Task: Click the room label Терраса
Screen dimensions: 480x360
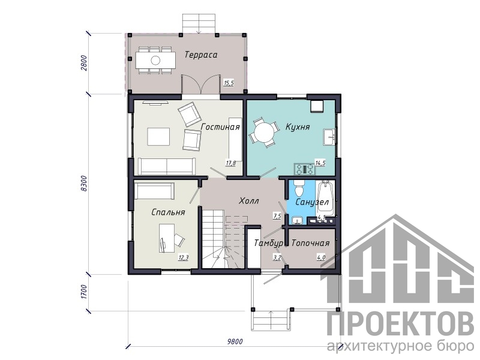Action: (201, 55)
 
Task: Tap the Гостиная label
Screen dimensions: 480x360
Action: (220, 127)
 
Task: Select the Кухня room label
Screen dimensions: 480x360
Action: (297, 127)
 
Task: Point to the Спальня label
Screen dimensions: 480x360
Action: (168, 212)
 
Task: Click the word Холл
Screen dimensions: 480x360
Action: (248, 201)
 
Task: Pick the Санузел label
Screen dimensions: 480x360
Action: (312, 202)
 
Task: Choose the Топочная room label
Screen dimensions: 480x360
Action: (310, 243)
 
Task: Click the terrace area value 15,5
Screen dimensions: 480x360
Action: (229, 83)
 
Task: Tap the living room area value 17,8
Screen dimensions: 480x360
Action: (231, 163)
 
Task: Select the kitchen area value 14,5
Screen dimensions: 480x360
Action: (320, 163)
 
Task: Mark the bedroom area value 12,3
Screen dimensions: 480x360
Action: (184, 258)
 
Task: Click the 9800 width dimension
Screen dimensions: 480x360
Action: (235, 341)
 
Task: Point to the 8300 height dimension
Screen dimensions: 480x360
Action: (85, 184)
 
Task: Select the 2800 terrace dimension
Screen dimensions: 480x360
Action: (85, 63)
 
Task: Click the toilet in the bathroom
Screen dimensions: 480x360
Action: (298, 188)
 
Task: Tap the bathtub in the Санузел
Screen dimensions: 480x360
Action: (325, 199)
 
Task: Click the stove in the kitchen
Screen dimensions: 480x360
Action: (304, 169)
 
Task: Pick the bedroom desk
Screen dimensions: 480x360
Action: (167, 238)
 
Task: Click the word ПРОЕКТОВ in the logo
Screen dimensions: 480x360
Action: (400, 324)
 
